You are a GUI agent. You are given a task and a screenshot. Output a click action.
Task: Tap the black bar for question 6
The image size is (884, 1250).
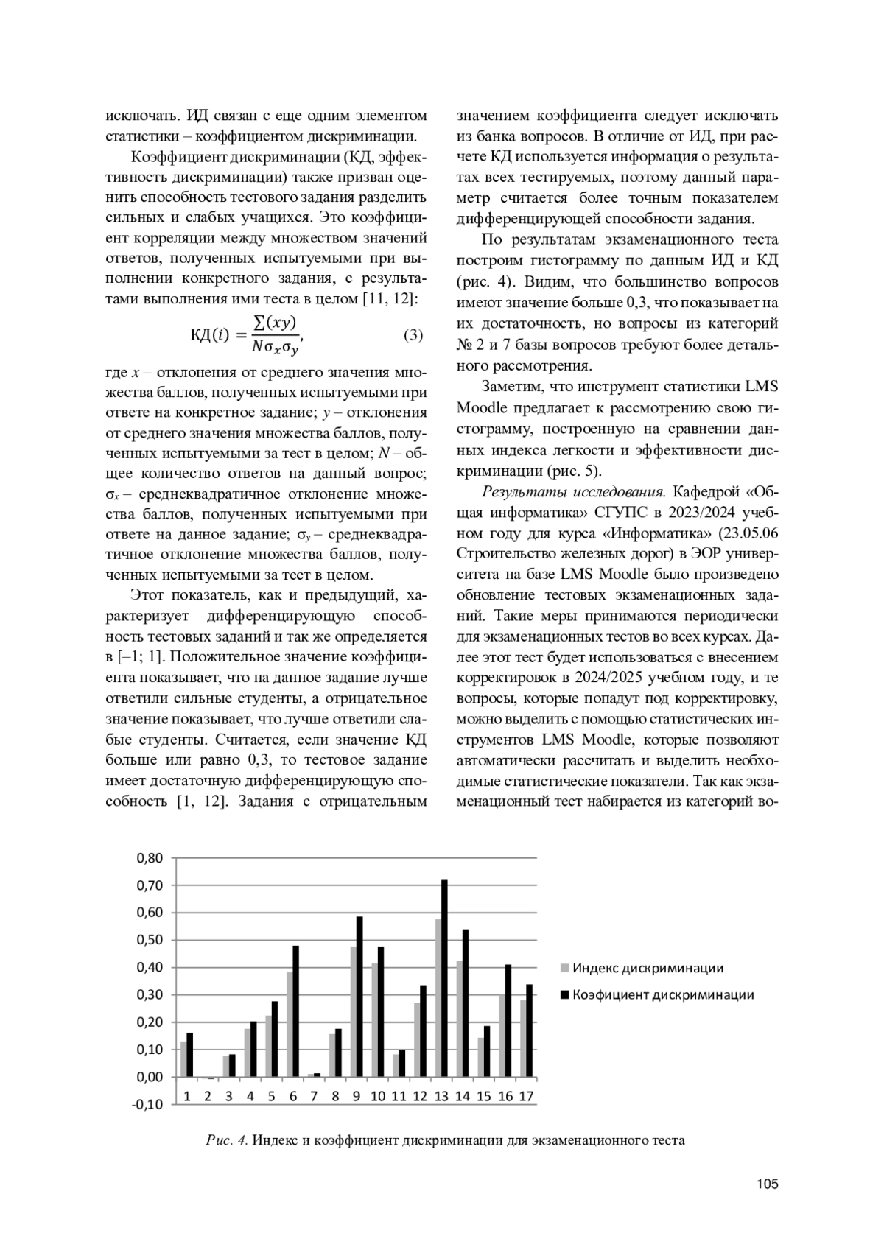tap(295, 1011)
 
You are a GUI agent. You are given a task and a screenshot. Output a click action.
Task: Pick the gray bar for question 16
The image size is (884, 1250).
tap(502, 1036)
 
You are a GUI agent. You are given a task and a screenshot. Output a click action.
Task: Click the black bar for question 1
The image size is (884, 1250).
tap(189, 1055)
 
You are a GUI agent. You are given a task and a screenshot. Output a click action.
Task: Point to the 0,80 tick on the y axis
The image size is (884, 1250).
tap(150, 858)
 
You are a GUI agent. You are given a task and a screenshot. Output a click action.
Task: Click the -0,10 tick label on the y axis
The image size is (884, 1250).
tap(148, 1104)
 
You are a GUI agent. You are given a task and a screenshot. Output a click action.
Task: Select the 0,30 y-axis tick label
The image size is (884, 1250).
tap(150, 995)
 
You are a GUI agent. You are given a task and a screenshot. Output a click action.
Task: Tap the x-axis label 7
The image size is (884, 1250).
tap(314, 1096)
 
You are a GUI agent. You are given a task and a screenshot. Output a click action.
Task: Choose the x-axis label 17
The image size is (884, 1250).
tap(526, 1096)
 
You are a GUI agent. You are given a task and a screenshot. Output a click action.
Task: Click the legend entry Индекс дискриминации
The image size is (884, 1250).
tap(648, 968)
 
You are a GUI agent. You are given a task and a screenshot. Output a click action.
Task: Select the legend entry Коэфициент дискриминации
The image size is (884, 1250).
tap(663, 995)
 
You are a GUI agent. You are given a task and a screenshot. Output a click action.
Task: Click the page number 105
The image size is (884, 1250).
tap(767, 1184)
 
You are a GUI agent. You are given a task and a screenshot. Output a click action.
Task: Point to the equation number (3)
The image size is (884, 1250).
tap(413, 335)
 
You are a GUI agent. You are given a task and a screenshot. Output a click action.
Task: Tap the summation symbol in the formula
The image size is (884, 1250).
tap(259, 322)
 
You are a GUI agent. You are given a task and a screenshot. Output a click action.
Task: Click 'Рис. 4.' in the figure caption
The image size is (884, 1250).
tap(227, 1141)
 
